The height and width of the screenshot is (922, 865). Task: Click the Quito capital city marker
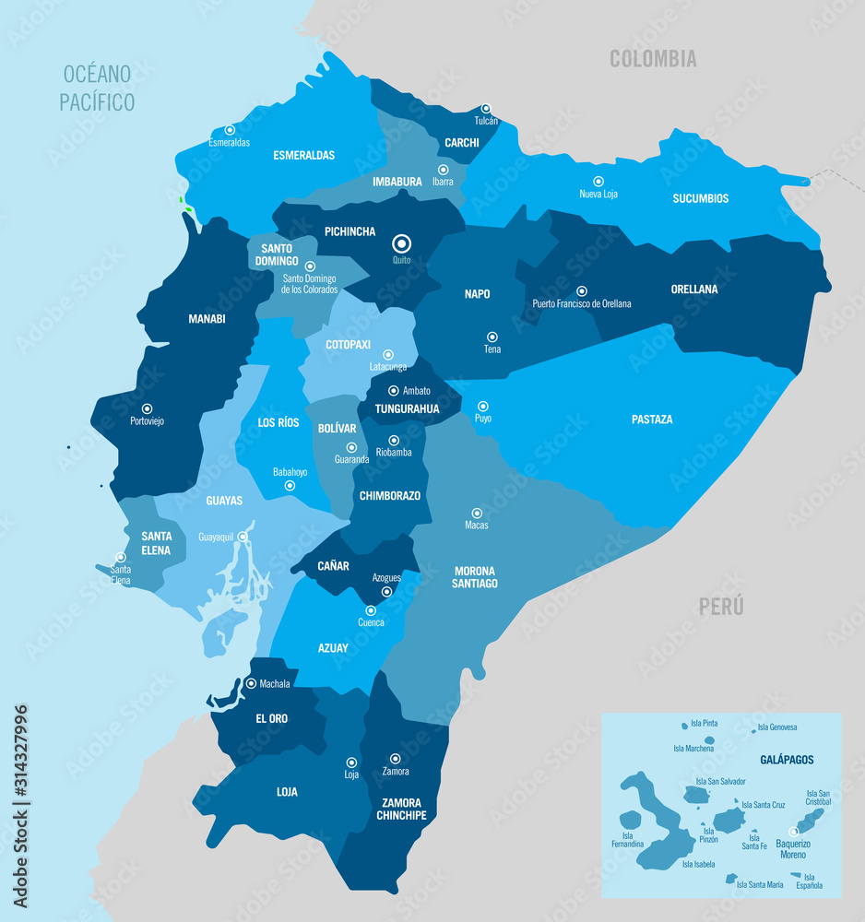click(x=401, y=243)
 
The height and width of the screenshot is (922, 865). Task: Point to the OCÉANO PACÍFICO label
click(x=97, y=88)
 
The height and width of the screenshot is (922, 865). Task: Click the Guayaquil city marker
click(x=243, y=537)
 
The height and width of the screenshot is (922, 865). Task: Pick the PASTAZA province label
click(x=652, y=420)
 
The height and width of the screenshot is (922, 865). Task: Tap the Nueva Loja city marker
click(x=598, y=182)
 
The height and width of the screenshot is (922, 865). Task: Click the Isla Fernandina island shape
click(x=631, y=820)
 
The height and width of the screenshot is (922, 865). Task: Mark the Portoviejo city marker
click(x=147, y=408)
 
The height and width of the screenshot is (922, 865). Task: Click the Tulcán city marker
click(x=486, y=108)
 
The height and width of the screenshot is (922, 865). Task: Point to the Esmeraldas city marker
click(x=230, y=130)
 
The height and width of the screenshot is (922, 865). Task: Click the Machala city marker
click(x=252, y=683)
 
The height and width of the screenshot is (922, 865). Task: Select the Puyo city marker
click(x=482, y=406)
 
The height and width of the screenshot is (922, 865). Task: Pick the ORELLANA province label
click(x=694, y=289)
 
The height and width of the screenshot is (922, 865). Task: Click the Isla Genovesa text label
click(x=776, y=727)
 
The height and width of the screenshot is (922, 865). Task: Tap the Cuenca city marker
click(x=371, y=610)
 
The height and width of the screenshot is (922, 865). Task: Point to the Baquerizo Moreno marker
click(x=793, y=832)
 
